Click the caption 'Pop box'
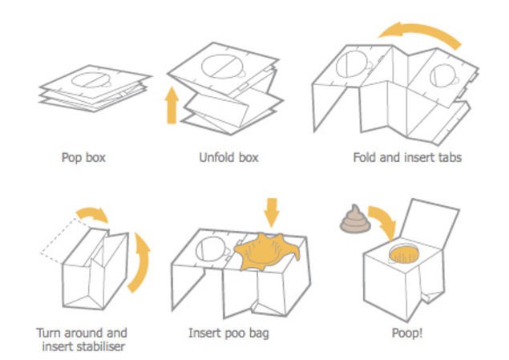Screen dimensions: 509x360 click(83, 157)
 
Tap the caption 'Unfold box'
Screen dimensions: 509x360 click(227, 157)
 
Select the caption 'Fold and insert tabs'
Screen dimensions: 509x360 click(407, 157)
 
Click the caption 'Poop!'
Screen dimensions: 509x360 click(403, 332)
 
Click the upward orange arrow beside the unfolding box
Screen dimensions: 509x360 click(171, 106)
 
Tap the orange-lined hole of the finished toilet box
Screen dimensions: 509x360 click(405, 256)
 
